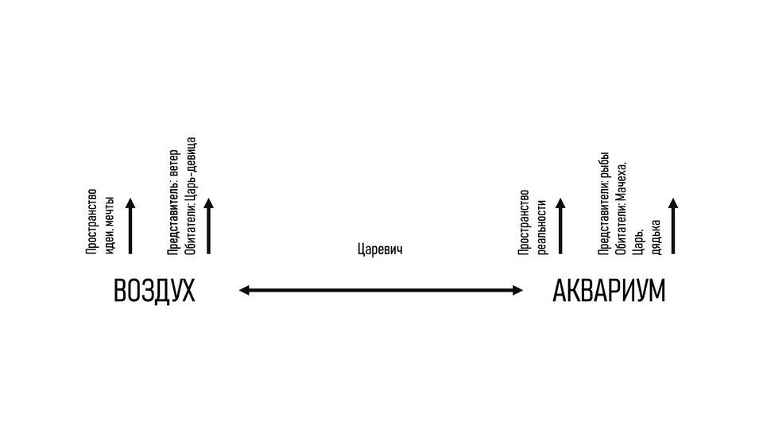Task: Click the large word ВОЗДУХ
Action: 154,292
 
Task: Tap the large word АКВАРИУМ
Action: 608,292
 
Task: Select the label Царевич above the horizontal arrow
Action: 381,249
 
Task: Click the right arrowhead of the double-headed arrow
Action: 517,291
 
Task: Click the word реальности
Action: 542,227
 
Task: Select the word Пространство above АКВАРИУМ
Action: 524,223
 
